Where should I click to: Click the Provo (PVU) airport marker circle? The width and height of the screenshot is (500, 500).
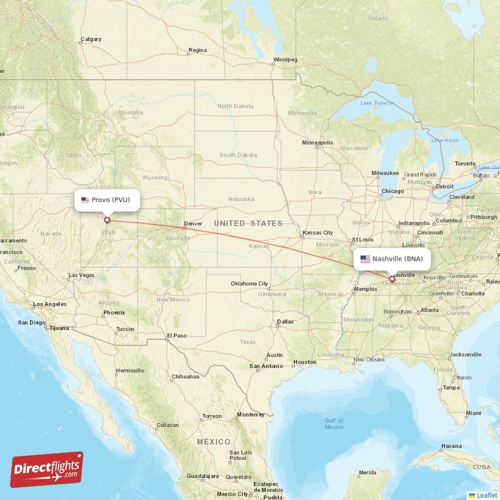pos(107,219)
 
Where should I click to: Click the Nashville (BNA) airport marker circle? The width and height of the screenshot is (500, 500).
pos(392,279)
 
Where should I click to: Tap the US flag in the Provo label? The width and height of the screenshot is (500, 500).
pos(85,200)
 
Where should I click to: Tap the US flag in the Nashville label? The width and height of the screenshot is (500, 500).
pos(365,259)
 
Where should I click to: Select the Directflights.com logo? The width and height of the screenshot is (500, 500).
pos(47,470)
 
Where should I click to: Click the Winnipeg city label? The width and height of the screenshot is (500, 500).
pos(284,60)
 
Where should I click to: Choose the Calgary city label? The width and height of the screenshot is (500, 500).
pos(91,40)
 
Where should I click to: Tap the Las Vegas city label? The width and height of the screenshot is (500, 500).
pos(81,275)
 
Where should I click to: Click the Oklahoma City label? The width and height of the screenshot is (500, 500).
pos(249,283)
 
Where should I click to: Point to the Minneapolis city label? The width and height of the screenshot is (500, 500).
pos(317,142)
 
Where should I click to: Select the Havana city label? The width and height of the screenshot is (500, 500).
pos(452,446)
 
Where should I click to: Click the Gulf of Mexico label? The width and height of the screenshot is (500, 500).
pos(334,424)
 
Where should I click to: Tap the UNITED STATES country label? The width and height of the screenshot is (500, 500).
pos(248,223)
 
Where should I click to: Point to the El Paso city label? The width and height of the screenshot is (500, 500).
pos(177,336)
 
